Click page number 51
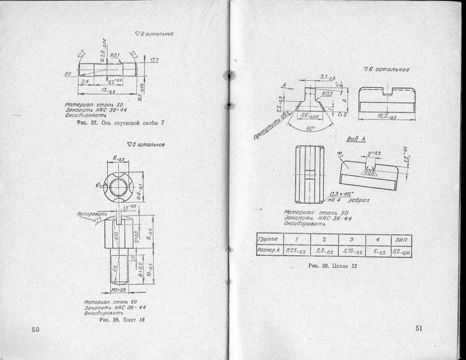coord(418,328)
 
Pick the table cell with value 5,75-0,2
coord(350,251)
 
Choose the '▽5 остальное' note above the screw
coord(147,144)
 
